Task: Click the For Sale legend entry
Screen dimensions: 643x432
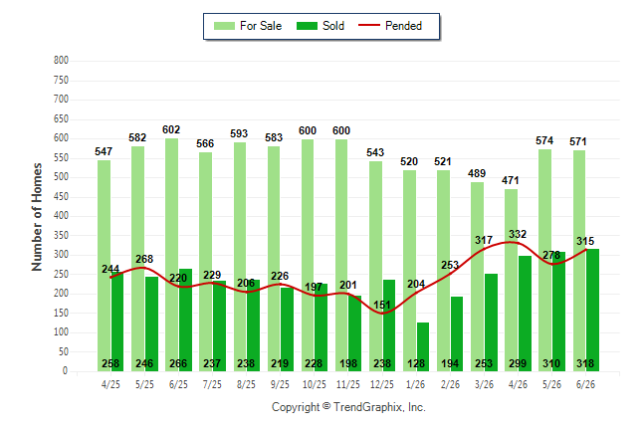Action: [x=248, y=26]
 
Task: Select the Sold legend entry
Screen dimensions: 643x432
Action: [x=321, y=26]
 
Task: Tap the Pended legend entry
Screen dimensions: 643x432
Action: [x=390, y=26]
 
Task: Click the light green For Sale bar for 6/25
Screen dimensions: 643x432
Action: [x=172, y=255]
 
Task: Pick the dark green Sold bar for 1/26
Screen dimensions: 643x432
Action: [x=423, y=346]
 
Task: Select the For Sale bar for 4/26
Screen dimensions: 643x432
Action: [x=511, y=281]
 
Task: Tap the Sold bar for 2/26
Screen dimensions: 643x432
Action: [x=457, y=333]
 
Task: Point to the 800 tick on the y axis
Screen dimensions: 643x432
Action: [x=61, y=61]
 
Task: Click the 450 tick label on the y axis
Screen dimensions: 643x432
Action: [x=61, y=196]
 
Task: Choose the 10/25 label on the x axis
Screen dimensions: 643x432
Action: [x=315, y=384]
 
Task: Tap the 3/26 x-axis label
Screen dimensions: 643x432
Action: [x=484, y=384]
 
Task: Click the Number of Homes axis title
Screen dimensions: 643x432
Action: [x=37, y=217]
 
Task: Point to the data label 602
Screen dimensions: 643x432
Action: [x=171, y=129]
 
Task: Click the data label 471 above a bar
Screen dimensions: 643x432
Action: [x=511, y=180]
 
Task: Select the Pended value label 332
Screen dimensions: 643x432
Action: [x=518, y=234]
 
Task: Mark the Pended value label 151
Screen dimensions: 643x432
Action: [x=382, y=305]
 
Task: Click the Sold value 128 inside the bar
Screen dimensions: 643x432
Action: [x=416, y=363]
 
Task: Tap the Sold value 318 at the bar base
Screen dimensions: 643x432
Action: [x=585, y=363]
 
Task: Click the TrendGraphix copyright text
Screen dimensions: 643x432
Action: [x=348, y=407]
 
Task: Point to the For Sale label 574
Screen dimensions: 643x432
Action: [x=544, y=140]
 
